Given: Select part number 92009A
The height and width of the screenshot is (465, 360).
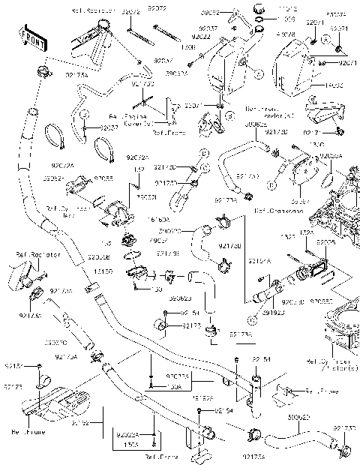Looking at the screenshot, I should point(332,155).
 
